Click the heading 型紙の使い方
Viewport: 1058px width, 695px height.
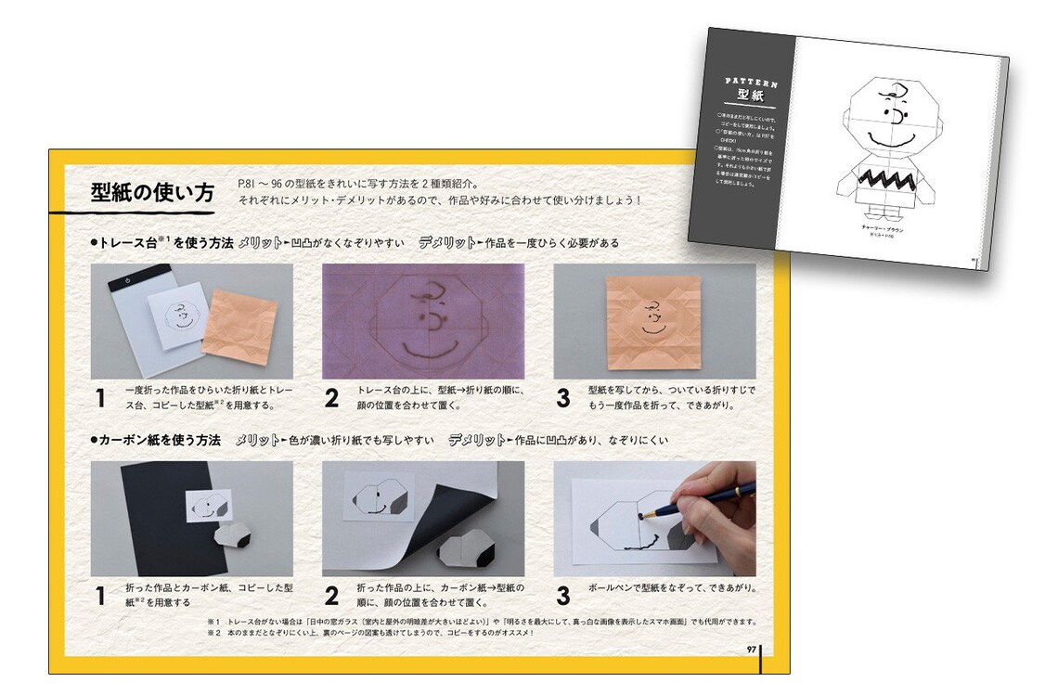[x=152, y=193]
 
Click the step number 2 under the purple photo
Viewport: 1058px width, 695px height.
[x=331, y=399]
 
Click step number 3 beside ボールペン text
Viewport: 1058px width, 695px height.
[x=563, y=594]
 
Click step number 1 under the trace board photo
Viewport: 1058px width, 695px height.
[x=100, y=399]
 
